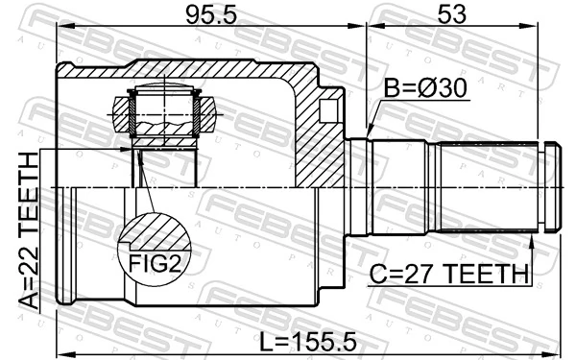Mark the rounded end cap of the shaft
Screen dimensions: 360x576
[x=551, y=186]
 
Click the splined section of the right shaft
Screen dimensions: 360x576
[x=490, y=186]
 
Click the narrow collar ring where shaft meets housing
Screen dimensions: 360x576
[x=358, y=186]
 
